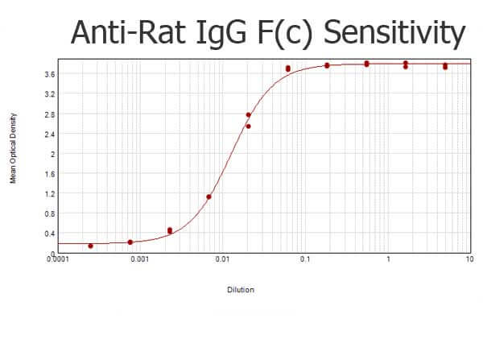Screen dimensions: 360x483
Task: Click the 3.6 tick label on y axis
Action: coord(50,74)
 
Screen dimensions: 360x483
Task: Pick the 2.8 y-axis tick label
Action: coord(50,114)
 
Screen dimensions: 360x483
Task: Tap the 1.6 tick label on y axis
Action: coord(50,174)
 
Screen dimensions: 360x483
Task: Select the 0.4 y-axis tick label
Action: coord(50,234)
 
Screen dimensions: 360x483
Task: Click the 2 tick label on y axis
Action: coord(52,154)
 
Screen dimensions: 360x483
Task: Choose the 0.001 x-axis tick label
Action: coord(140,259)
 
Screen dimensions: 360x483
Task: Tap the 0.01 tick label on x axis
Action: coord(223,259)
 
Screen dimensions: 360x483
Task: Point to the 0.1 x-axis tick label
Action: coord(305,259)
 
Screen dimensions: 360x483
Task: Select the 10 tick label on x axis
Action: coord(470,259)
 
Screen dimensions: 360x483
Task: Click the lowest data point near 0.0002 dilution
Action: coord(90,246)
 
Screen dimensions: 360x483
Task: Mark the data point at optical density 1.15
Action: coord(208,197)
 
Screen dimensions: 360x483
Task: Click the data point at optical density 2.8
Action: coord(248,115)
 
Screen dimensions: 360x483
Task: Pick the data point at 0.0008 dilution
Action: coord(130,242)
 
